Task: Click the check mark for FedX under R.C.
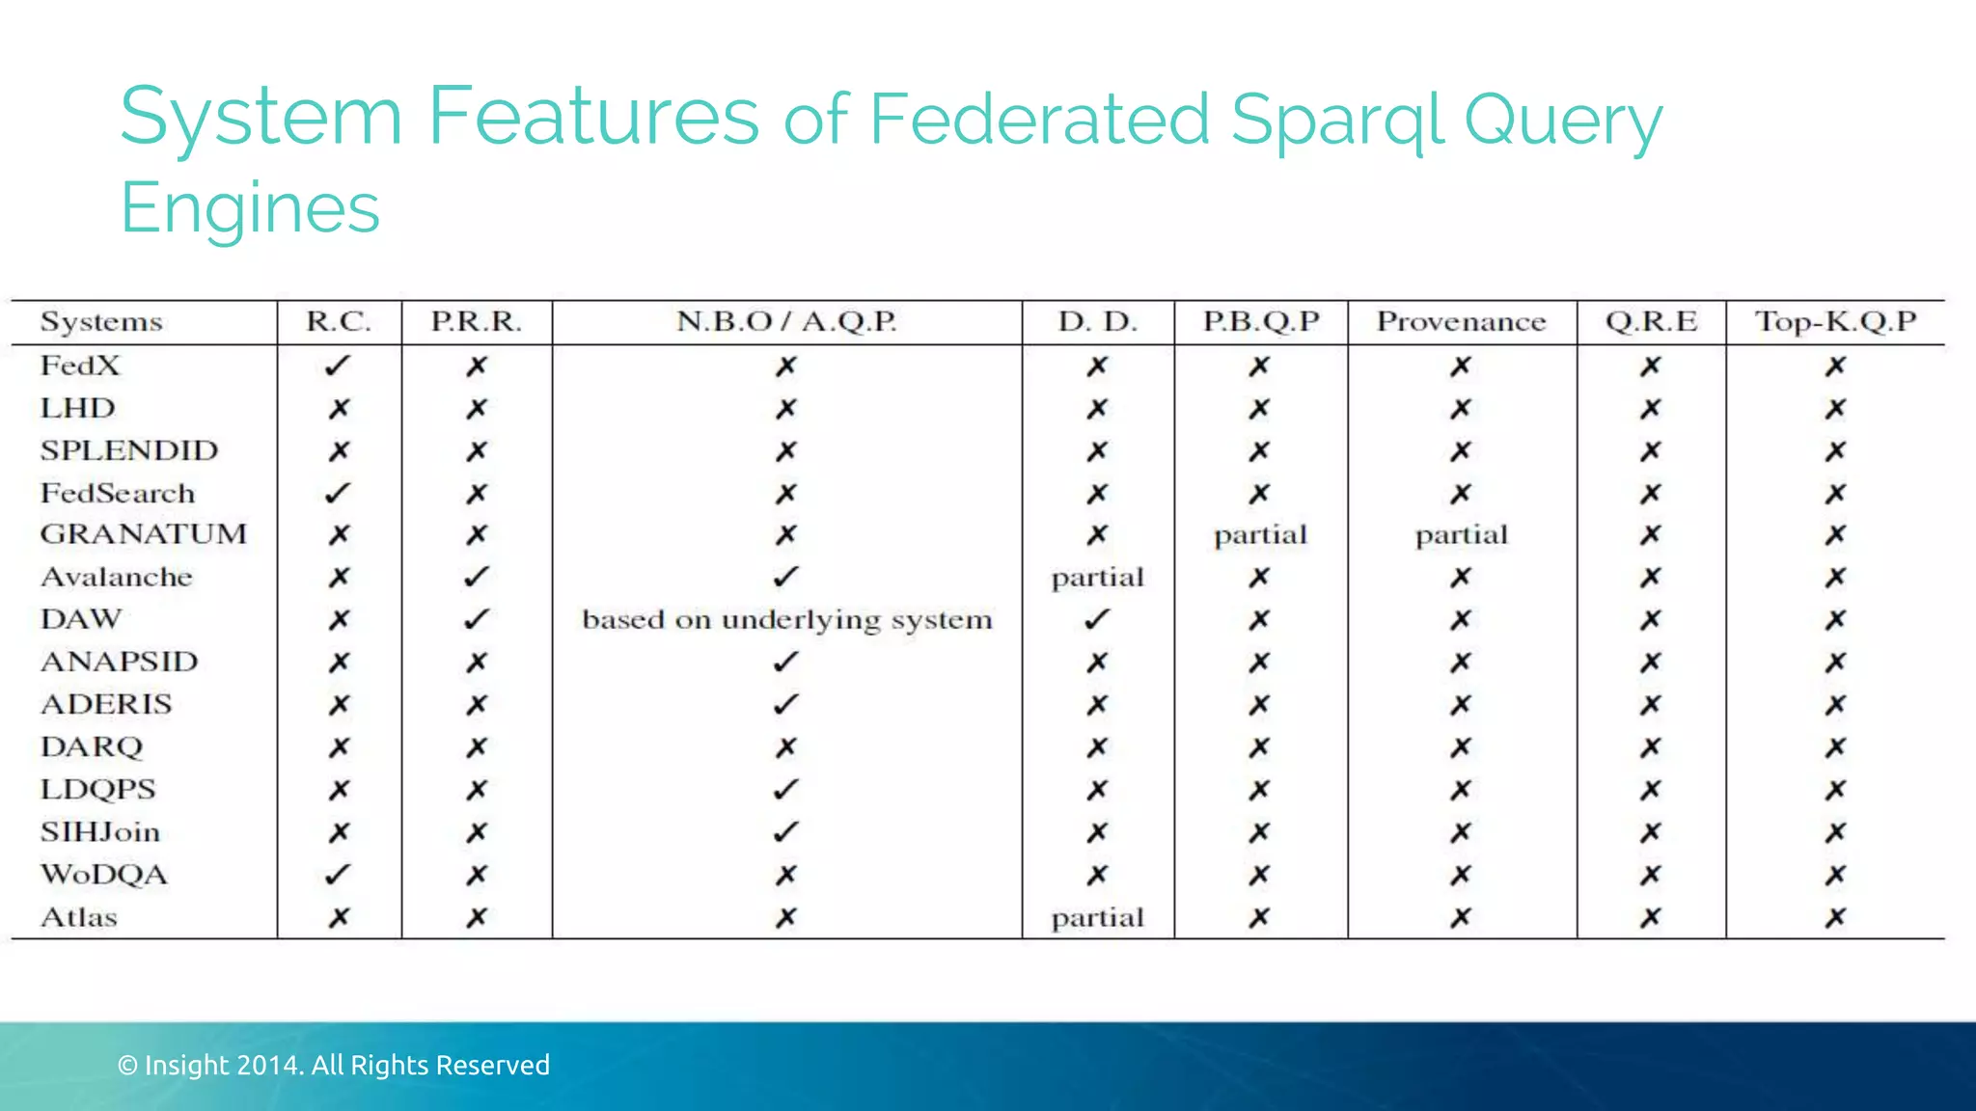(338, 366)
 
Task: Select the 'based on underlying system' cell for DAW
(787, 619)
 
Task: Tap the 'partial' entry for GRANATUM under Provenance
(1461, 535)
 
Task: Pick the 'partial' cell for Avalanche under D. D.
(1097, 578)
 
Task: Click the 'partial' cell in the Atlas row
(1097, 918)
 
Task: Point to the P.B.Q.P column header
(1260, 321)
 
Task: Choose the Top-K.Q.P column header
(1835, 321)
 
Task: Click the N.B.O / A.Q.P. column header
(787, 321)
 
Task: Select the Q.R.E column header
(1651, 321)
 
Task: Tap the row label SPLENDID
(129, 450)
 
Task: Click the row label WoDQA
(104, 875)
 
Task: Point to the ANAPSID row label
(120, 662)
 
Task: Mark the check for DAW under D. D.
(1097, 619)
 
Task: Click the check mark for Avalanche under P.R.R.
(477, 577)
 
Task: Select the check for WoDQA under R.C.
(338, 875)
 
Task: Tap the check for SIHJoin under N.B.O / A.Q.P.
(786, 831)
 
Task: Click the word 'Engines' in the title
(250, 208)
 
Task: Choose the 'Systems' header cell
(101, 321)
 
